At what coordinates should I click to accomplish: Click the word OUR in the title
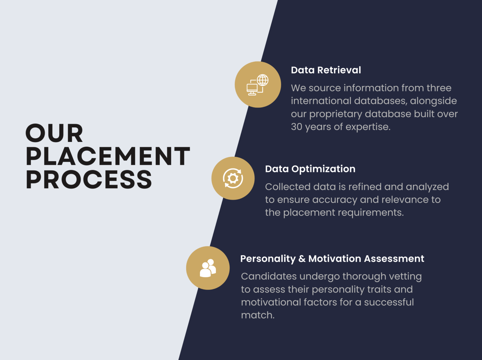tap(54, 133)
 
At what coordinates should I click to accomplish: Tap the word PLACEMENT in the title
tap(108, 156)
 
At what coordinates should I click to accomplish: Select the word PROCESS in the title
tap(89, 180)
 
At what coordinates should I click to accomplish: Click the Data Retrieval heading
tap(326, 70)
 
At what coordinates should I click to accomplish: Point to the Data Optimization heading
tap(310, 169)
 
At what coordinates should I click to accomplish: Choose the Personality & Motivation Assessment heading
tap(332, 259)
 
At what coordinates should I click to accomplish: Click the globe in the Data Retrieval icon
tap(263, 80)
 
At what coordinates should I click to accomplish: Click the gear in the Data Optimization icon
tap(233, 178)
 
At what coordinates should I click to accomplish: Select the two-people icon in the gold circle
tap(208, 268)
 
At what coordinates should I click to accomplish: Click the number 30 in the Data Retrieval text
tap(297, 127)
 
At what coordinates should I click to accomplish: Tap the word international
tap(321, 101)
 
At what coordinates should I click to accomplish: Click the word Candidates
tap(269, 276)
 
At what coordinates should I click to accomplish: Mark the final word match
tap(258, 315)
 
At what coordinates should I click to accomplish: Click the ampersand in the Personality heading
tap(302, 259)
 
